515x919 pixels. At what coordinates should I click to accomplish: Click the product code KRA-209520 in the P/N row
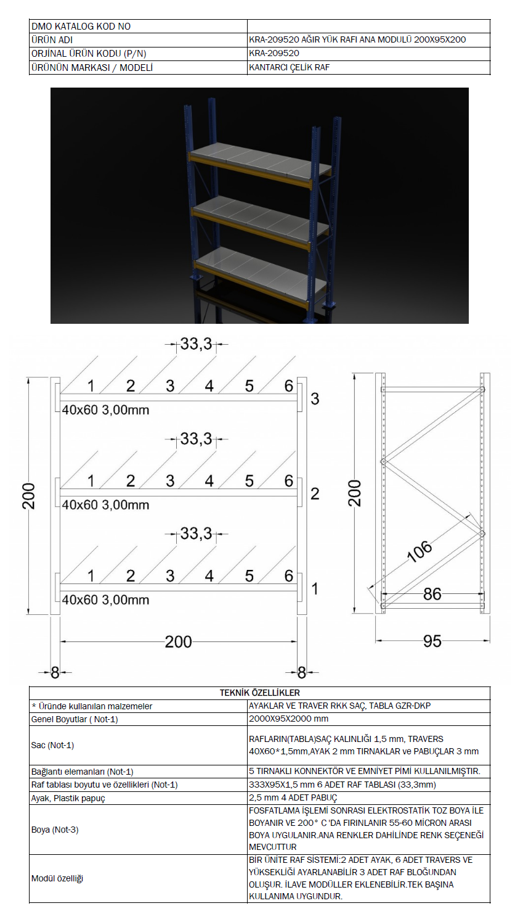pos(274,53)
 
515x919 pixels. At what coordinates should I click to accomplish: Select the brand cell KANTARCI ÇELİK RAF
pos(290,67)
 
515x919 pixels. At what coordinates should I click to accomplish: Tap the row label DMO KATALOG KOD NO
pos(81,27)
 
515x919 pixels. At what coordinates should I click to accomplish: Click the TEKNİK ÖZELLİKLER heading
pos(260,693)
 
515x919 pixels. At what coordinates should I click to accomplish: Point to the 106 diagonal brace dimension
pos(420,551)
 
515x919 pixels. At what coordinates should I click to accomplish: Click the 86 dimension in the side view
pos(432,594)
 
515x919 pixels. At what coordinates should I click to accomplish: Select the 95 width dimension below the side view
pos(432,641)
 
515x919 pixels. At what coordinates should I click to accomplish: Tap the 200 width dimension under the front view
pos(178,642)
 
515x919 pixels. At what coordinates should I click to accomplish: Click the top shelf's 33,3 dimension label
pos(197,344)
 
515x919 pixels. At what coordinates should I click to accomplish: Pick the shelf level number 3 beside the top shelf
pos(315,399)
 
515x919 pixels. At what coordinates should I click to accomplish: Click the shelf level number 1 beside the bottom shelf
pos(315,589)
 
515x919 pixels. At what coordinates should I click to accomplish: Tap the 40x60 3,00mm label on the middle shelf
pos(106,505)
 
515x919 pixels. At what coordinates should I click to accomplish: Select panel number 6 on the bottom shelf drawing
pos(289,576)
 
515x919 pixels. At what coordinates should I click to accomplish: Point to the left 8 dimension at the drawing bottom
pos(55,673)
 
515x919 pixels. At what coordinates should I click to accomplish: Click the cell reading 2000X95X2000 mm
pos(288,719)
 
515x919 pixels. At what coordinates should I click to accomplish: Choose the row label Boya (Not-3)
pos(55,830)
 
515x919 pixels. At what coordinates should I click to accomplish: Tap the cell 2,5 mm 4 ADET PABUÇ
pos(293,798)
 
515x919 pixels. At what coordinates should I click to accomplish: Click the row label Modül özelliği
pos(57,878)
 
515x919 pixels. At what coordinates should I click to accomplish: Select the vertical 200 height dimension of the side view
pos(355,493)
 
